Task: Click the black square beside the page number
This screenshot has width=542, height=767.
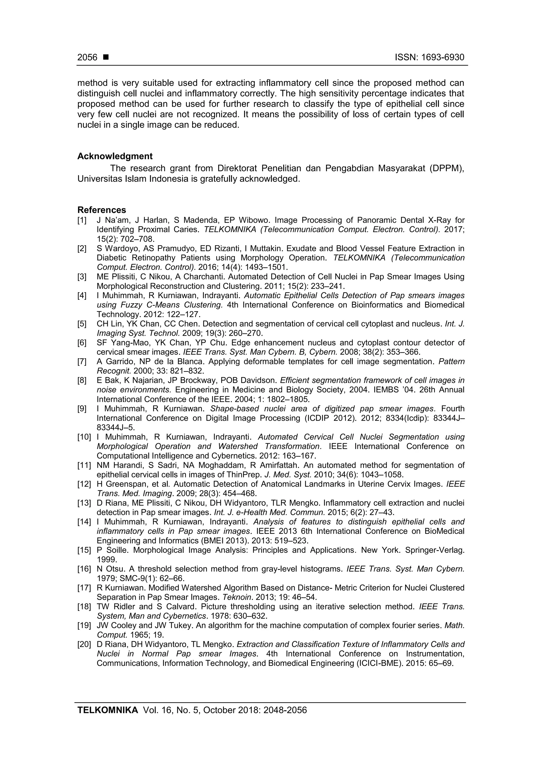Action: (106, 57)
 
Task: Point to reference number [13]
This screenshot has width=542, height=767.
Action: (84, 503)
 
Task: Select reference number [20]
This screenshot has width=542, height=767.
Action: (84, 644)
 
